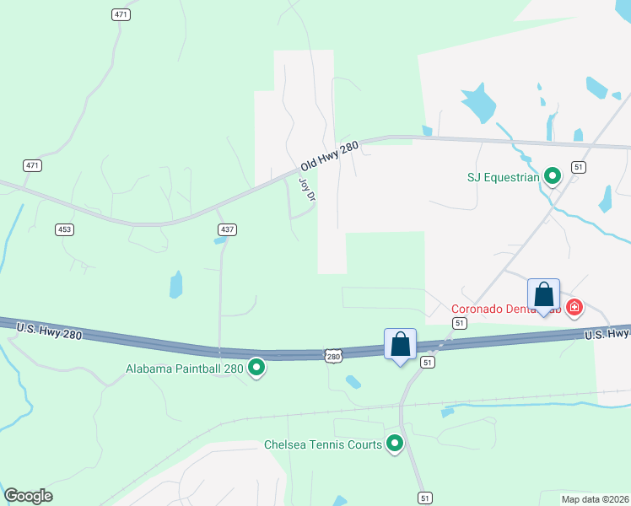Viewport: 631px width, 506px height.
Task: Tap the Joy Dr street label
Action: tap(307, 190)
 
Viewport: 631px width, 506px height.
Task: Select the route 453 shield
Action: tap(63, 229)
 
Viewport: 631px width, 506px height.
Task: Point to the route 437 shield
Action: tap(228, 229)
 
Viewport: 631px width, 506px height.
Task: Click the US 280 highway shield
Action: tap(334, 357)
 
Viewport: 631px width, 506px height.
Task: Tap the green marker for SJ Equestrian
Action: tap(553, 176)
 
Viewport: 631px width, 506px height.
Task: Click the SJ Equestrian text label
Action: tap(503, 177)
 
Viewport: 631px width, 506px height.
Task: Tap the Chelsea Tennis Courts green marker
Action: tap(394, 444)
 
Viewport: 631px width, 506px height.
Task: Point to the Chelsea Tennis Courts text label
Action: tap(323, 444)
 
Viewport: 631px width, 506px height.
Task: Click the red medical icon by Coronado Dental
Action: tap(574, 308)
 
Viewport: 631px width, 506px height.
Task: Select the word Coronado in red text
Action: tap(477, 309)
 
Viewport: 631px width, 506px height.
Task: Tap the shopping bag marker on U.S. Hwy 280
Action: tap(400, 345)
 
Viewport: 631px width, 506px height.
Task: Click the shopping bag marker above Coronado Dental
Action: tap(544, 295)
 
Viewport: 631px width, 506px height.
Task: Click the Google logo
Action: tap(28, 496)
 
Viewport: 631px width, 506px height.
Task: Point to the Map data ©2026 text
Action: tap(594, 498)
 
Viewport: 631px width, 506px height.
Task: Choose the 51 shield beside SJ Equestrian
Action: tap(578, 167)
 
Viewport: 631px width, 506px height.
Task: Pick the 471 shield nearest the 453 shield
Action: tap(32, 165)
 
